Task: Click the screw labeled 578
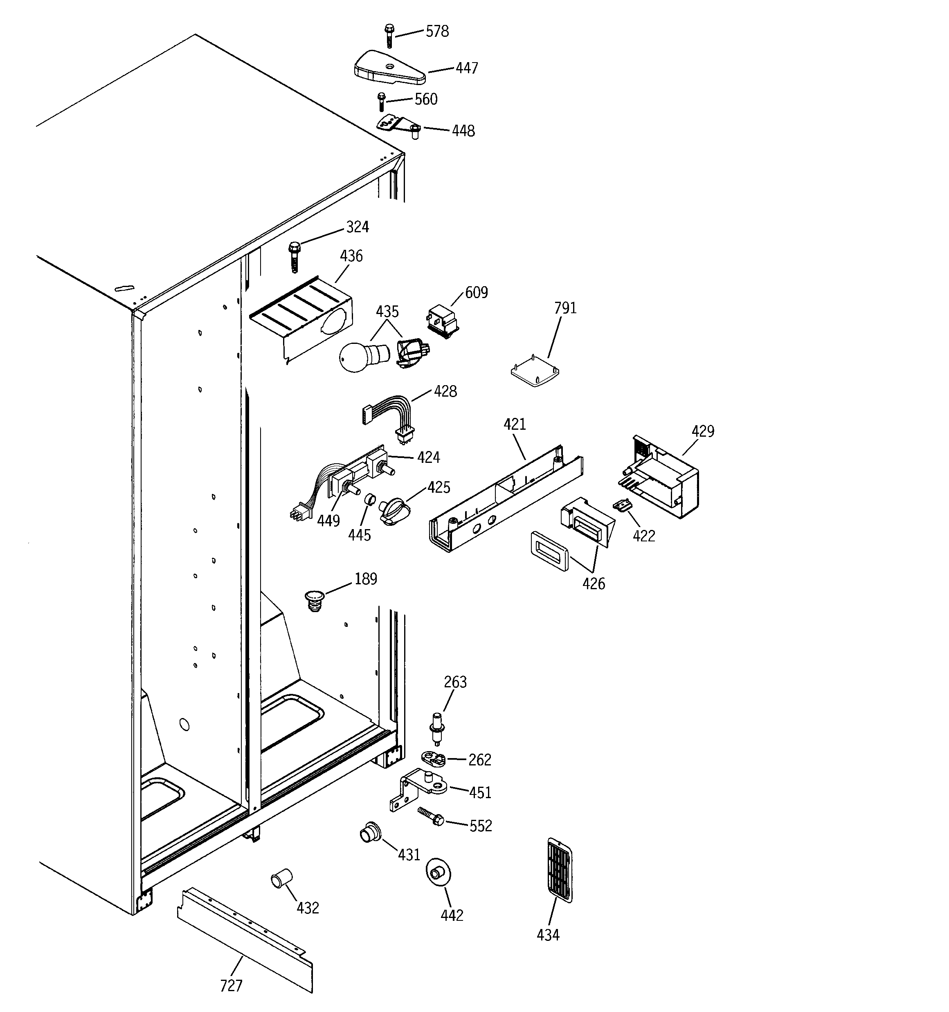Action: (x=389, y=35)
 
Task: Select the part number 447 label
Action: (x=467, y=68)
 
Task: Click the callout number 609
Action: (x=476, y=292)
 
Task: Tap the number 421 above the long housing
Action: (x=515, y=424)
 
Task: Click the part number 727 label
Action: (x=231, y=985)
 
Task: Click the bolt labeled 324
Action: (x=295, y=256)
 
